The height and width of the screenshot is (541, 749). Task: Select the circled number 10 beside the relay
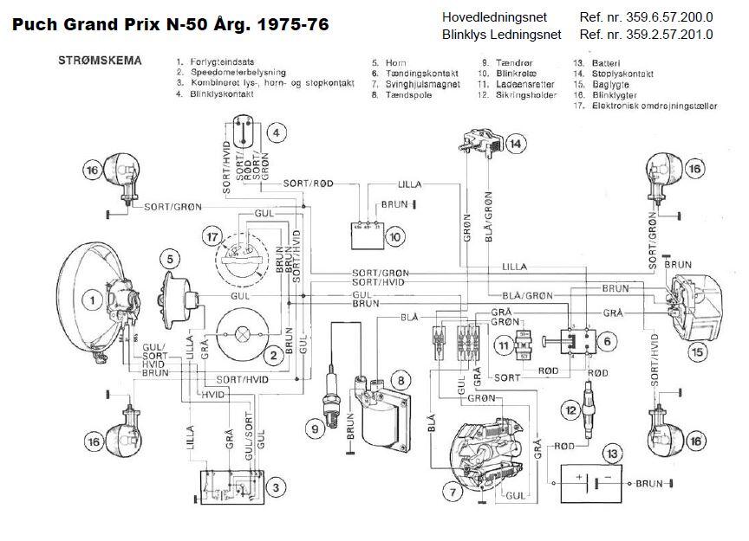(x=395, y=235)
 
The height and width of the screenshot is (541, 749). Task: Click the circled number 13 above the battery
(x=612, y=453)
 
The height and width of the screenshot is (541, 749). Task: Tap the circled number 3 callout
(x=274, y=487)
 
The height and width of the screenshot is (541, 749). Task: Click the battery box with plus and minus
(x=589, y=483)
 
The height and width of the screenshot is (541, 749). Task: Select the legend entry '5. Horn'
(x=389, y=63)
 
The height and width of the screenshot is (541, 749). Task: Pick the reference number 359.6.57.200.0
(x=646, y=16)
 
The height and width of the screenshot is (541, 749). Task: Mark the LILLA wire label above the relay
(x=411, y=185)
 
